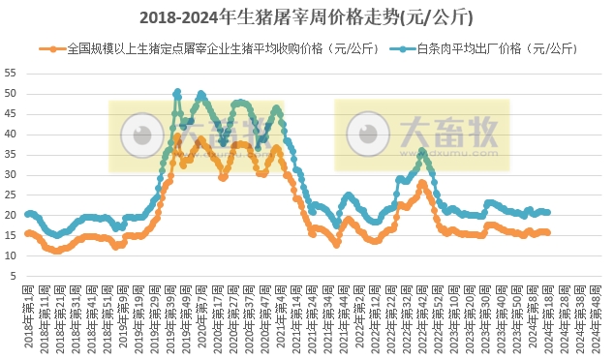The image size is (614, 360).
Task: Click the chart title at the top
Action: pos(307,17)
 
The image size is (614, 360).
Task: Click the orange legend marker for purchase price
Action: pos(46,47)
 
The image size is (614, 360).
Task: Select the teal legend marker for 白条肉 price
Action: pos(398,47)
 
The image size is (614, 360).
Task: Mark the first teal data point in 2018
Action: pos(27,213)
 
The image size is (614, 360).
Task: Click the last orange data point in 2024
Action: pos(548,232)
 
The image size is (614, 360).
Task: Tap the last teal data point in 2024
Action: pos(548,212)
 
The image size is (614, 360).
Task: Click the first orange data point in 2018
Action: pos(27,232)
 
